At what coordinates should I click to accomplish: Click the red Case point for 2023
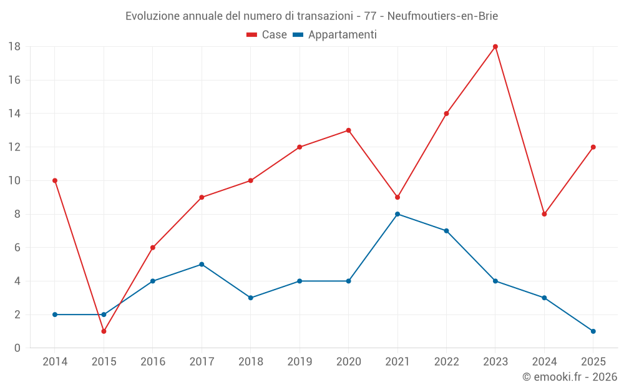pyautogui.click(x=495, y=47)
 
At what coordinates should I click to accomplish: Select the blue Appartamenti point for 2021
pyautogui.click(x=397, y=214)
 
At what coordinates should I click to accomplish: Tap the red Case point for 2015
pyautogui.click(x=104, y=331)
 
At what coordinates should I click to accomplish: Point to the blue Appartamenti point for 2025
pyautogui.click(x=593, y=331)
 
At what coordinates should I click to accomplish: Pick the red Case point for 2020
pyautogui.click(x=348, y=130)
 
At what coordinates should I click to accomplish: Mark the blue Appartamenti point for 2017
pyautogui.click(x=202, y=264)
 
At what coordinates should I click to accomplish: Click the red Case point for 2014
pyautogui.click(x=55, y=180)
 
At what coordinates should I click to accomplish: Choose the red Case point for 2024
pyautogui.click(x=544, y=214)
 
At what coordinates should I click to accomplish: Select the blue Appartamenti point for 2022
pyautogui.click(x=446, y=231)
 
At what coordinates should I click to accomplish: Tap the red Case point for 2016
pyautogui.click(x=153, y=248)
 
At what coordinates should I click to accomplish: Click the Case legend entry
pyautogui.click(x=266, y=35)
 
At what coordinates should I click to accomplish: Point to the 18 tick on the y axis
pyautogui.click(x=14, y=47)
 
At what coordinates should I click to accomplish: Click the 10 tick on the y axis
pyautogui.click(x=14, y=181)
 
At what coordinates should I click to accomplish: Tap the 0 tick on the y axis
pyautogui.click(x=17, y=348)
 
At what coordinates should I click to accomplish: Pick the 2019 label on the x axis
pyautogui.click(x=300, y=362)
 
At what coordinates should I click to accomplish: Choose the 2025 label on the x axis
pyautogui.click(x=593, y=362)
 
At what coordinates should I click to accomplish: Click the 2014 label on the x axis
pyautogui.click(x=55, y=362)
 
